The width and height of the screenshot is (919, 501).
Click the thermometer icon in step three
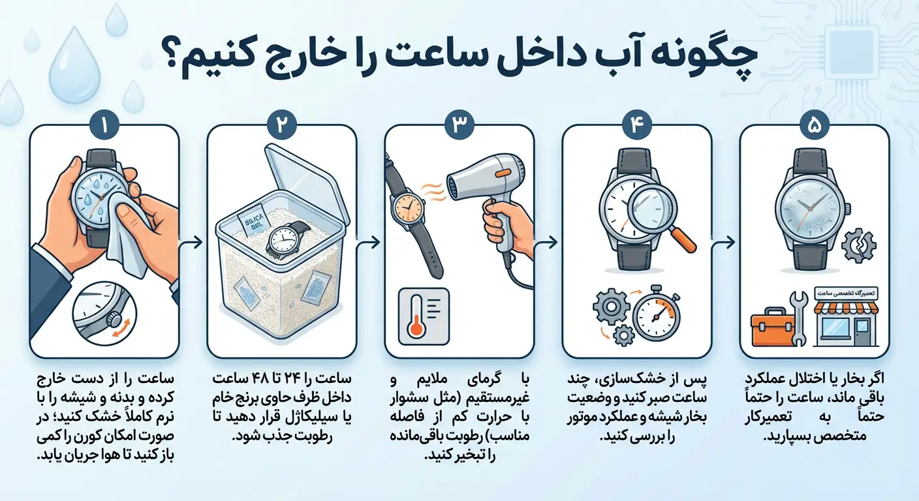424,316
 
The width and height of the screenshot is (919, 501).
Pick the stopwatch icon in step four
657,316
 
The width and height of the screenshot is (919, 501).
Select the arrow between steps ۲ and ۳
370,242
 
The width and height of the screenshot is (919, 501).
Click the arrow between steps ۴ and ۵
725,242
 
